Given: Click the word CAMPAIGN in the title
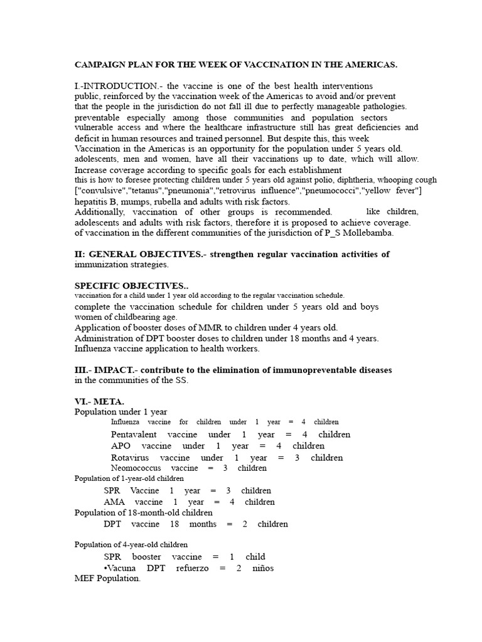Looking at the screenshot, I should [x=98, y=65].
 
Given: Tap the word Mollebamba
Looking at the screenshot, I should [x=373, y=233].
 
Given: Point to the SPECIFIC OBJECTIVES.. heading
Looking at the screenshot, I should [x=127, y=285].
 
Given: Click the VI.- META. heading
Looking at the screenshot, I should [x=99, y=401].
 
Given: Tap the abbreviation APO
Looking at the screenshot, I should [x=120, y=446].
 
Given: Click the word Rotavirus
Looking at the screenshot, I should [x=130, y=458].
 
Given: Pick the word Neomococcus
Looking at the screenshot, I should [x=136, y=468].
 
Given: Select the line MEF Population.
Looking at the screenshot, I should [x=107, y=579].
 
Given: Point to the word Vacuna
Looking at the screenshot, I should [x=120, y=568].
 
